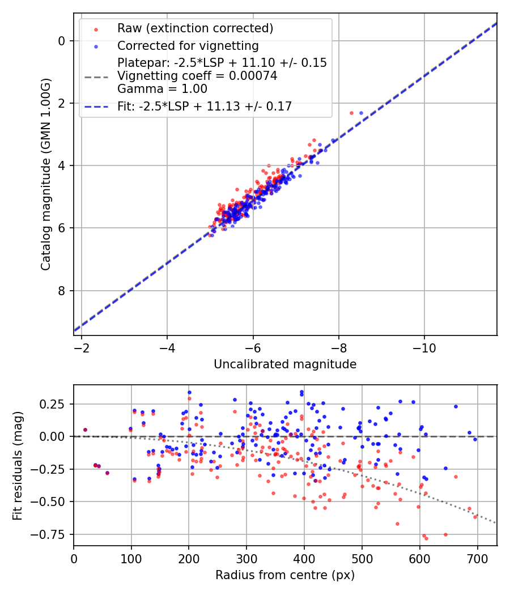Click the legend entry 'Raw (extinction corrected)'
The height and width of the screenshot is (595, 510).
pos(195,28)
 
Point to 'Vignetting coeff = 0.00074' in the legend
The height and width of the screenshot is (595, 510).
pos(197,76)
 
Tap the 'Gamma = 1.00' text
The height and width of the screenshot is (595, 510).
pos(162,89)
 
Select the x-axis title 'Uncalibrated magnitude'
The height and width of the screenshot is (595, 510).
pos(285,364)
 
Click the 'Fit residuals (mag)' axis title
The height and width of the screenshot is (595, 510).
pos(17,465)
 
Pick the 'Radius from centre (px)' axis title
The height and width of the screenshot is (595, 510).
pos(285,575)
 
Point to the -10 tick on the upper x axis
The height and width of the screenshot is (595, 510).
pos(424,347)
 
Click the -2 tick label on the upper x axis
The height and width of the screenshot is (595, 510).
pos(81,347)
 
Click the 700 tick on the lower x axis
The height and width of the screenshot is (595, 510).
pos(478,558)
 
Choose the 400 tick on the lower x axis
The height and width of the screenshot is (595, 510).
pos(304,558)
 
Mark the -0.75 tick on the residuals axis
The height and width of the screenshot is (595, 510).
pos(53,534)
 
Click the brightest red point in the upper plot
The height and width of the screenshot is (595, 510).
pos(351,113)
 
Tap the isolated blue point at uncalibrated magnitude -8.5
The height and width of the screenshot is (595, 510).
pos(361,113)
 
